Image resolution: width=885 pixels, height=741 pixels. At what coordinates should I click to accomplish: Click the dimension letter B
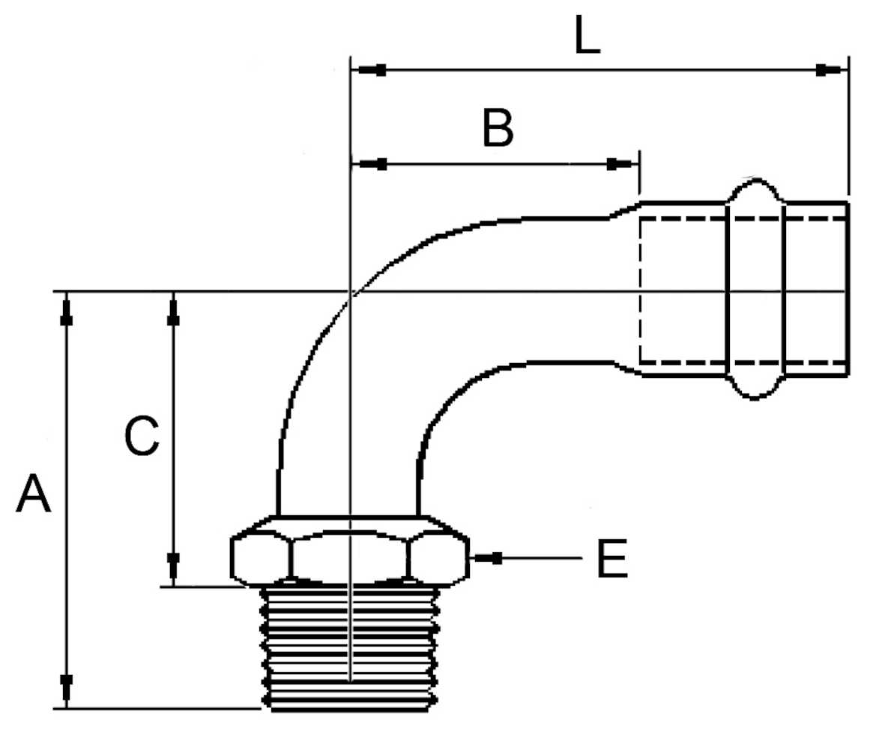coord(498,129)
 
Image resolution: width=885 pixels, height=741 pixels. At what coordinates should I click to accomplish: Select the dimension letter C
coord(142,436)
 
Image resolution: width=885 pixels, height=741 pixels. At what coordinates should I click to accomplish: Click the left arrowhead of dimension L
coord(372,70)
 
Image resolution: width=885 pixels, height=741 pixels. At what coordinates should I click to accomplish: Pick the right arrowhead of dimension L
coord(829,70)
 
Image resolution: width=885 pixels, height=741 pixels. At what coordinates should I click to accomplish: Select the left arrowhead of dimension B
coord(372,164)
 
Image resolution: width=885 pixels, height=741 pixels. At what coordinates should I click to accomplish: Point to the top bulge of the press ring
coord(755,190)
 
